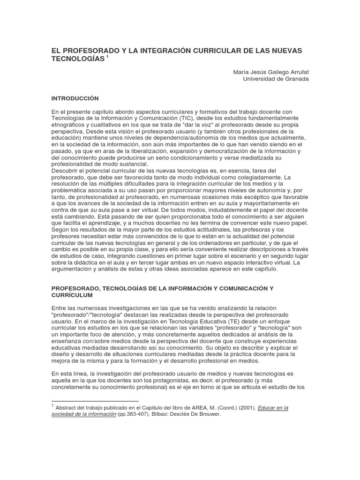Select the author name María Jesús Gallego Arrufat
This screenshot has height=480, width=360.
tap(271, 72)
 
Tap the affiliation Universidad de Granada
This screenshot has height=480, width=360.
tap(276, 79)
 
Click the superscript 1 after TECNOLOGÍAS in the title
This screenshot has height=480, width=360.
tap(107, 57)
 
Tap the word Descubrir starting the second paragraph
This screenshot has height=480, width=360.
tap(65, 171)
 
